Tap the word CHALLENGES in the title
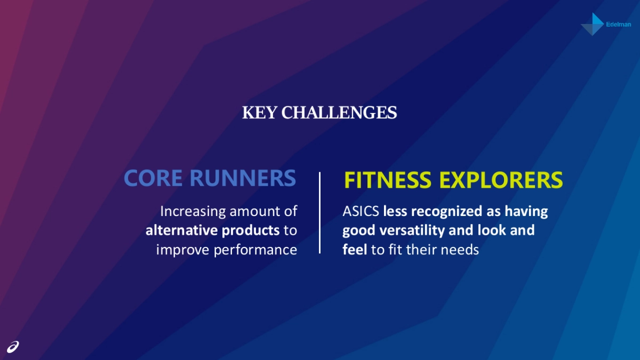pyautogui.click(x=339, y=113)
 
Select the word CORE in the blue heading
pyautogui.click(x=154, y=178)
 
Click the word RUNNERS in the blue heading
pyautogui.click(x=243, y=178)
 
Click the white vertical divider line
pyautogui.click(x=319, y=212)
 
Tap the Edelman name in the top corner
pyautogui.click(x=619, y=25)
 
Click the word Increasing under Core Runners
pyautogui.click(x=193, y=212)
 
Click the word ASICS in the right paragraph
pyautogui.click(x=361, y=212)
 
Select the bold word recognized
pyautogui.click(x=447, y=212)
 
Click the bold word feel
pyautogui.click(x=355, y=250)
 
